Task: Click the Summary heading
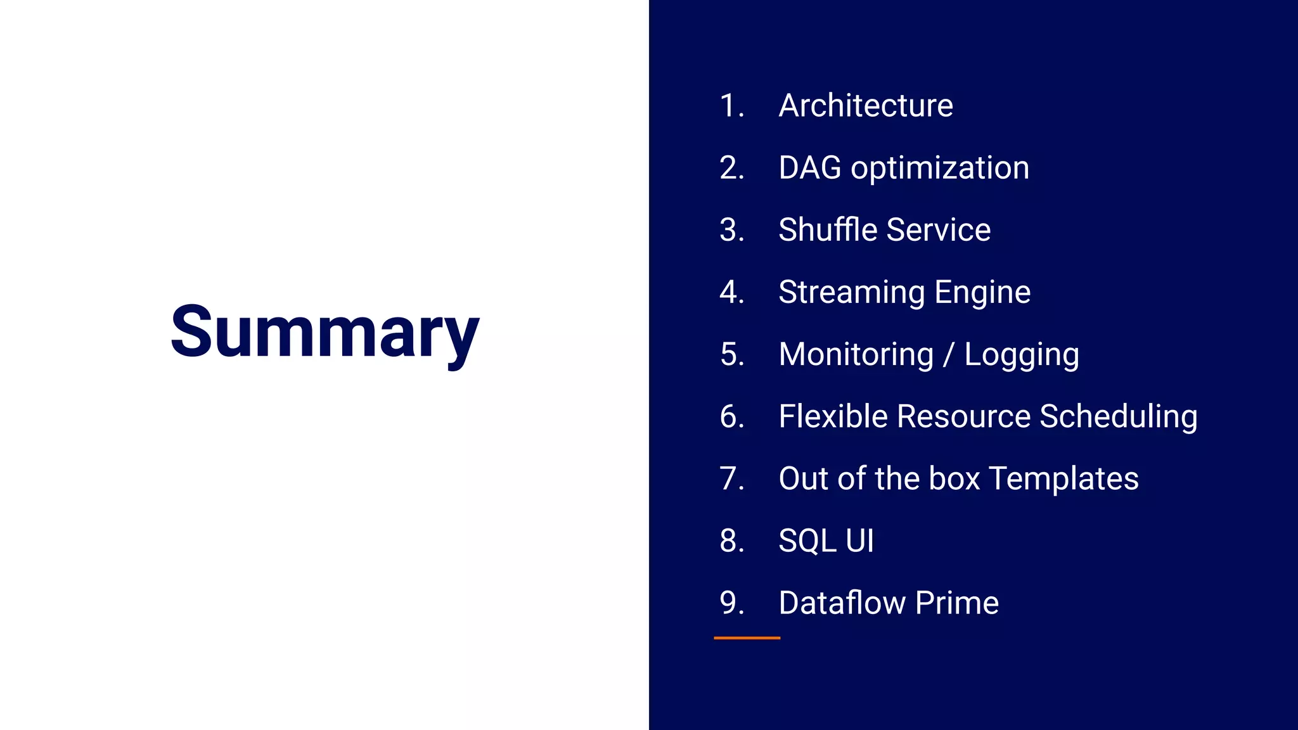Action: point(324,332)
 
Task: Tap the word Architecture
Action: point(866,105)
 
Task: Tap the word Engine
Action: point(982,293)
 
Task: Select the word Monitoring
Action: point(856,354)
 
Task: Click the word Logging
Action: point(1022,355)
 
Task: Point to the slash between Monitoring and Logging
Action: point(948,355)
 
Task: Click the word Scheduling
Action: point(1119,417)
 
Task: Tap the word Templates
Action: point(1063,478)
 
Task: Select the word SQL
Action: point(807,541)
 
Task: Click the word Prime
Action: point(957,603)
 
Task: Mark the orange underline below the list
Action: point(747,638)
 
